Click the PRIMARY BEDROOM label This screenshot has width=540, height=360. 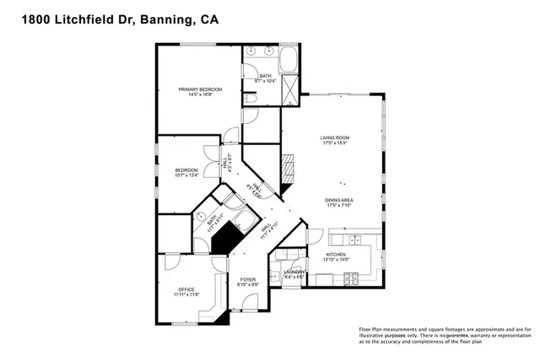(200, 89)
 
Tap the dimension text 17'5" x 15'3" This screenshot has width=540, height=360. (334, 143)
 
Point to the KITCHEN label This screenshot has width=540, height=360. (336, 254)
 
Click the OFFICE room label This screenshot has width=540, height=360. (186, 289)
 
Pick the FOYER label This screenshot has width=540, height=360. (247, 279)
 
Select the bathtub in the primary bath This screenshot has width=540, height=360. (287, 61)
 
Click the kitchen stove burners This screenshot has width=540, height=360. (355, 279)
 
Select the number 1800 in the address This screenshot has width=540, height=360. (25, 16)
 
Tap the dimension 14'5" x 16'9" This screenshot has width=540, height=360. (200, 95)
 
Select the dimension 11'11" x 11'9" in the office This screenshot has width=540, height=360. (186, 295)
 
